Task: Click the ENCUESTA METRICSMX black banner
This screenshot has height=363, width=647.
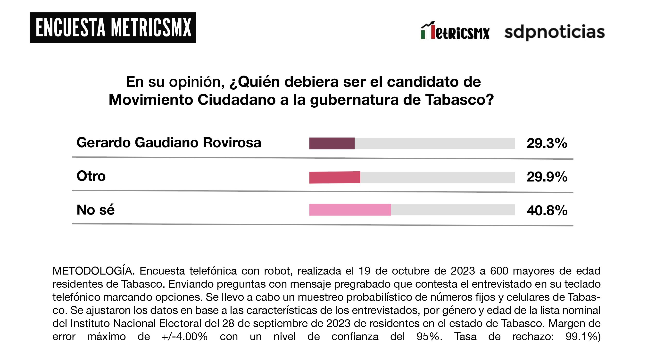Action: [113, 28]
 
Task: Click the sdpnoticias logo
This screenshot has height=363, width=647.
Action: [554, 32]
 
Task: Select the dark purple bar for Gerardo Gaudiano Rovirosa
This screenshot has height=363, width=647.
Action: [332, 143]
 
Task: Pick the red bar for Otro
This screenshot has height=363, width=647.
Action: [335, 177]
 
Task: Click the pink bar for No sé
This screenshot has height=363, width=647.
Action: [350, 210]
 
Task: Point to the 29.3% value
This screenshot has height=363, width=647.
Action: [547, 143]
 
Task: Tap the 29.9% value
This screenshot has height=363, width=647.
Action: [547, 177]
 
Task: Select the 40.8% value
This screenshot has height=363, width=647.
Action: [547, 210]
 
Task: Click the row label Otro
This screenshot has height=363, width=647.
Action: [91, 176]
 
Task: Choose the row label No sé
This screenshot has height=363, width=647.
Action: [95, 210]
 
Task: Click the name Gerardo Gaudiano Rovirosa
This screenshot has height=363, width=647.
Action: [169, 143]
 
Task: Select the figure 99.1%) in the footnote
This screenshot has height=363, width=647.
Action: [583, 337]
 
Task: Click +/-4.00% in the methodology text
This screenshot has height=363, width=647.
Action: [185, 337]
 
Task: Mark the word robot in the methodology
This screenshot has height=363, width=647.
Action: [277, 271]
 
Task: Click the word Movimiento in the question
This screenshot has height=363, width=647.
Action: [150, 100]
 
